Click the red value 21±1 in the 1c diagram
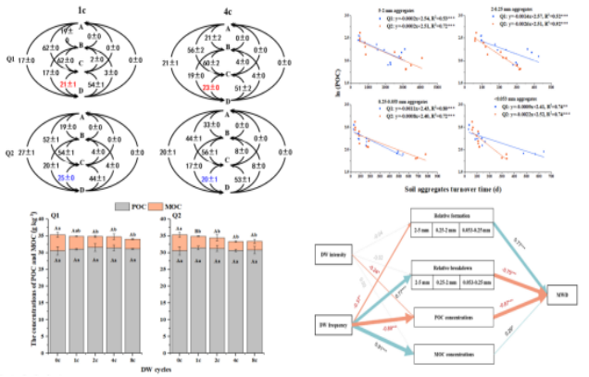69,85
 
